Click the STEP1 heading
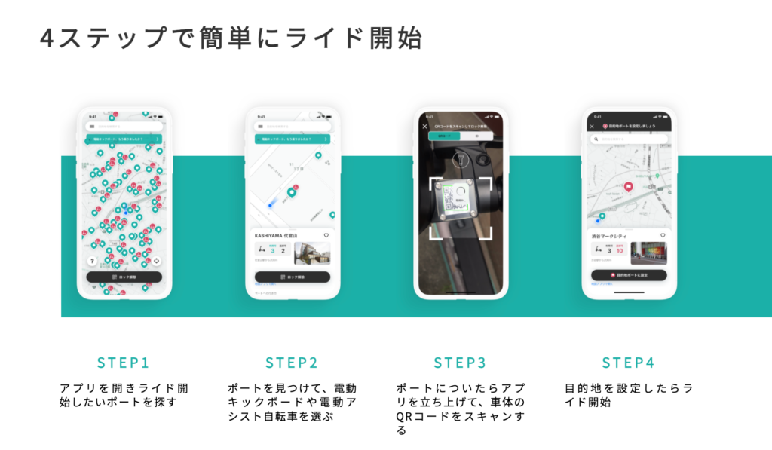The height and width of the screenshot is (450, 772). pyautogui.click(x=123, y=363)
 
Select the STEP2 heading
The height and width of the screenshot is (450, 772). pyautogui.click(x=291, y=363)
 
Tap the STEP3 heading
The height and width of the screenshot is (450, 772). pyautogui.click(x=460, y=363)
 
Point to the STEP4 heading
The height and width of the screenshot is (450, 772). pyautogui.click(x=628, y=363)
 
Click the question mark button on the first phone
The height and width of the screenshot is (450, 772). pyautogui.click(x=92, y=261)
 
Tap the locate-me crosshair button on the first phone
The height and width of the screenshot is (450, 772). pyautogui.click(x=156, y=261)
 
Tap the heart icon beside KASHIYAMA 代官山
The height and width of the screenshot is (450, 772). pyautogui.click(x=326, y=235)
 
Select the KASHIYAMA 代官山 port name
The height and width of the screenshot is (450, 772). pyautogui.click(x=277, y=235)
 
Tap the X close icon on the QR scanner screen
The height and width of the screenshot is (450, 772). pyautogui.click(x=424, y=126)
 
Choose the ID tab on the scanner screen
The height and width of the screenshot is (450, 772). pyautogui.click(x=476, y=136)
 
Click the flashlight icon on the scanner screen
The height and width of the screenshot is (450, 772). pyautogui.click(x=460, y=161)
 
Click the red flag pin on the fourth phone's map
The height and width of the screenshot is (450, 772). pyautogui.click(x=628, y=188)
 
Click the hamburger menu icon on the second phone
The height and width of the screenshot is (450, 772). pyautogui.click(x=260, y=127)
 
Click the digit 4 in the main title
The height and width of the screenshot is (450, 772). pyautogui.click(x=47, y=38)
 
